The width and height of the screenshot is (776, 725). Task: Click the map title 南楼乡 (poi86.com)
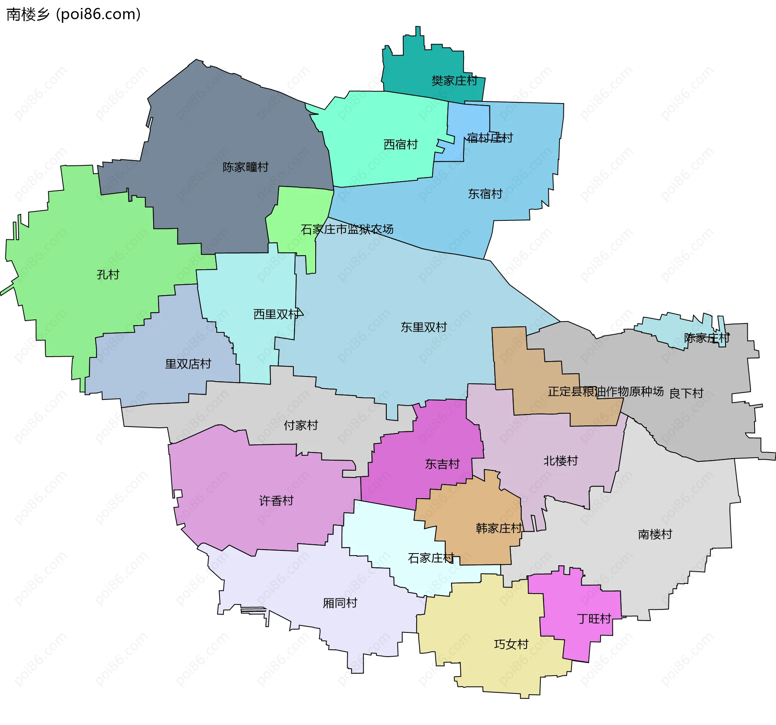click(74, 15)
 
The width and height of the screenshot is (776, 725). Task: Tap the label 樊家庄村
click(454, 81)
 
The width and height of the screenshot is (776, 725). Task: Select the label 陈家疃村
click(245, 167)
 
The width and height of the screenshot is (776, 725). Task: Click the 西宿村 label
click(400, 144)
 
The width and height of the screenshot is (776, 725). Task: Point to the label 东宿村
click(485, 194)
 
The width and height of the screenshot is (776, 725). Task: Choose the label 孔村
click(108, 275)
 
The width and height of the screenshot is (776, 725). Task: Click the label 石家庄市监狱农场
click(347, 229)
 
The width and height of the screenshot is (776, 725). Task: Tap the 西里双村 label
click(276, 314)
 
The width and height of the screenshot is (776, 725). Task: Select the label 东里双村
click(424, 327)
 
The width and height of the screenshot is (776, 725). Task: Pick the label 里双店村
click(188, 364)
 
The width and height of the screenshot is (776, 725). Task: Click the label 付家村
click(301, 425)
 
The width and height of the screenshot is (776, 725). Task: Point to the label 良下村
click(686, 393)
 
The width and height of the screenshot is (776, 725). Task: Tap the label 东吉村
click(442, 464)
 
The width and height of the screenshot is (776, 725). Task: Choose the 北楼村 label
click(561, 461)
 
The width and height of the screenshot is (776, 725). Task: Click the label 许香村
click(276, 501)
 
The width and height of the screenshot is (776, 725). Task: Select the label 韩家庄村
click(499, 528)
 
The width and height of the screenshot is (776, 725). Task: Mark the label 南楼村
click(655, 534)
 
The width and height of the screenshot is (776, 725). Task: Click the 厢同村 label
click(340, 603)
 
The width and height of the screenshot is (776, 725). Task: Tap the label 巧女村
click(511, 644)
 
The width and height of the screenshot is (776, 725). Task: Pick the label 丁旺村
click(594, 619)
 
